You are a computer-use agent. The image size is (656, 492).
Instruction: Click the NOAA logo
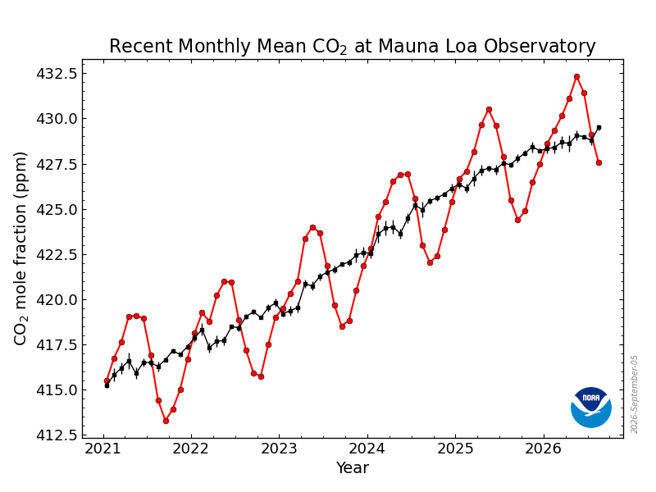pos(590,407)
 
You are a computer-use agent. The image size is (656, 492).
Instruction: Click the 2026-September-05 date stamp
pos(634,394)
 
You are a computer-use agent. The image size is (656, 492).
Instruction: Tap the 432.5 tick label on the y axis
pos(57,74)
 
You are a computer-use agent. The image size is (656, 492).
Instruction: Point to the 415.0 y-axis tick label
pos(57,390)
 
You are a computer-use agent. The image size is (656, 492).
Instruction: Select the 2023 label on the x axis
pos(279,449)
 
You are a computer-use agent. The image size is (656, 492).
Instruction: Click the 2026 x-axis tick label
pos(543,449)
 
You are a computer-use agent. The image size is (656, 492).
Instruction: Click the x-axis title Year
pos(353,467)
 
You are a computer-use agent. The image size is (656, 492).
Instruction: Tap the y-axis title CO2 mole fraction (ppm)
pos(20,248)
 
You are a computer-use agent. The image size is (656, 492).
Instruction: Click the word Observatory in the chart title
pos(540,46)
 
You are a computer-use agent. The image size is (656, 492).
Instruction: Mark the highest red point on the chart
pos(577,76)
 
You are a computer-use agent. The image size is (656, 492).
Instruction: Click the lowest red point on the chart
pos(166,421)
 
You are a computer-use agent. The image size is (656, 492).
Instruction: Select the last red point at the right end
pos(599,162)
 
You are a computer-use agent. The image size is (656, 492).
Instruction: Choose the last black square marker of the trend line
pos(599,128)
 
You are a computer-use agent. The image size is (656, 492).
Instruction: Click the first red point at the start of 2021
pos(107,380)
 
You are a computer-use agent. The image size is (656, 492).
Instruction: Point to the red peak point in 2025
pos(489,110)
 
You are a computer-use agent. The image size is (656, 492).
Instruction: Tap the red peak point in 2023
pos(313,228)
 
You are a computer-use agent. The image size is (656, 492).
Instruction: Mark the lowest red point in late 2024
pos(430,262)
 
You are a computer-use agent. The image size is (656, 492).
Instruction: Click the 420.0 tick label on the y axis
pos(57,299)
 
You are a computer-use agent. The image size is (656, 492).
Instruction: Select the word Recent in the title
pos(141,46)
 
